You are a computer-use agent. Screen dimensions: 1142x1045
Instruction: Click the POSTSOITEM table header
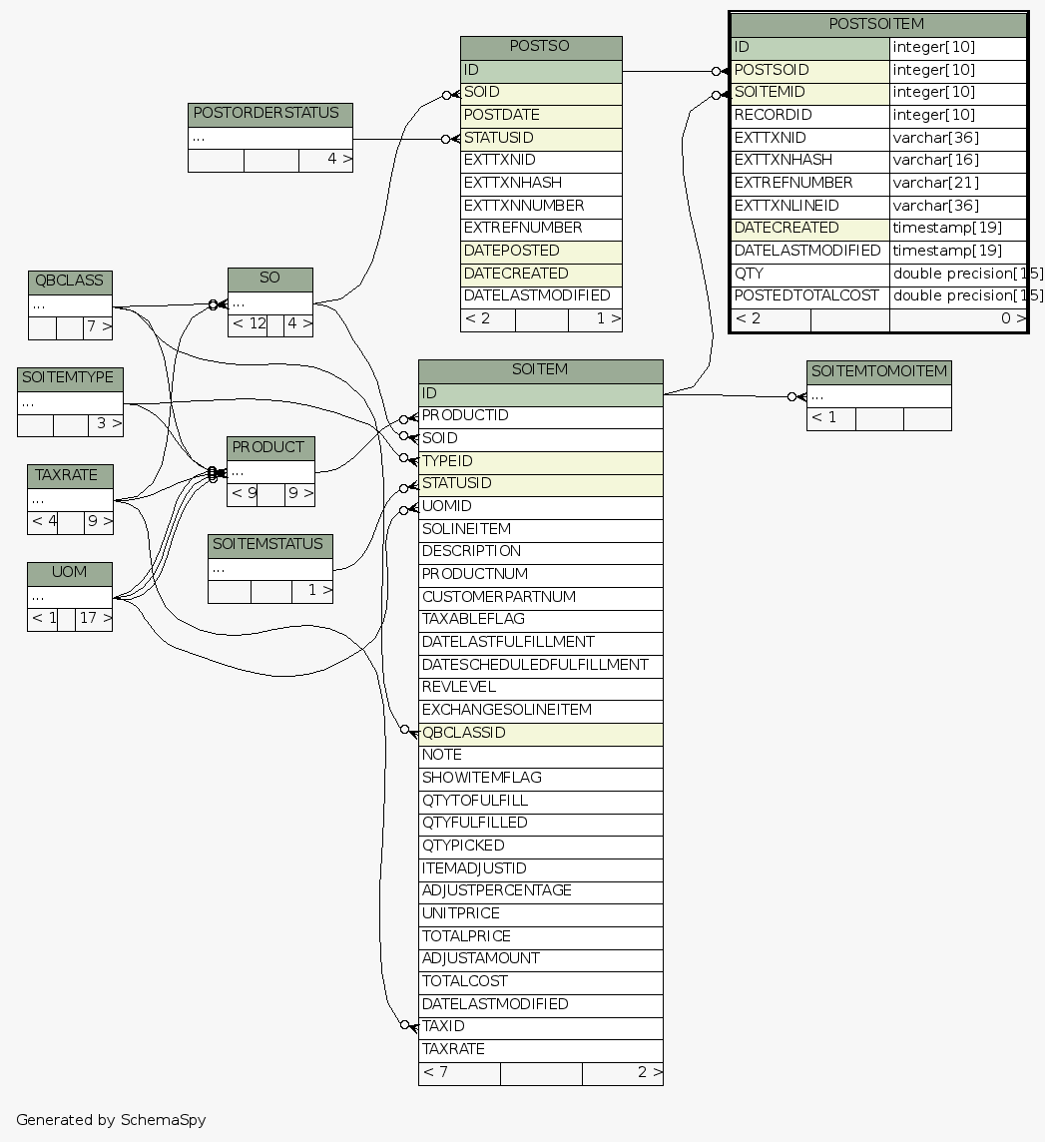pos(877,24)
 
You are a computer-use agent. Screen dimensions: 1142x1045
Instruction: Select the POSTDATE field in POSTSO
pos(540,115)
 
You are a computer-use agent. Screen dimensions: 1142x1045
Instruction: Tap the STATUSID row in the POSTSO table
pos(540,138)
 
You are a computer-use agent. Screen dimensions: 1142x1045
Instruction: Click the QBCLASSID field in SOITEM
pos(540,733)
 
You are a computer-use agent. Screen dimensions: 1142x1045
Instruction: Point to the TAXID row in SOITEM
pos(540,1026)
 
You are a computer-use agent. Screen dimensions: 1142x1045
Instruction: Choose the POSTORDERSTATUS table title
pos(269,114)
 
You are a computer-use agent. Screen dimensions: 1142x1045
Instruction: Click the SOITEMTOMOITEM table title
pos(878,372)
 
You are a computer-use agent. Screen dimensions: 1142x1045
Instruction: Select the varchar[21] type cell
pos(957,183)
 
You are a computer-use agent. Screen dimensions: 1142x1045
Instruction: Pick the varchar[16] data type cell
pos(957,160)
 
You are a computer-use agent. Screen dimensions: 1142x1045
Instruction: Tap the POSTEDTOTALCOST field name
pos(807,295)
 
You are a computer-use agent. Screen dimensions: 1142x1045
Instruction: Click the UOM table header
pos(69,573)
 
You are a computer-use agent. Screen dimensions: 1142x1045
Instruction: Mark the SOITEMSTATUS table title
pos(269,545)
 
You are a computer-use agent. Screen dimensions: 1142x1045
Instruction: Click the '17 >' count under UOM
pos(94,619)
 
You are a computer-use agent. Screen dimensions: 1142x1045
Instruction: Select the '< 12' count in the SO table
pos(249,324)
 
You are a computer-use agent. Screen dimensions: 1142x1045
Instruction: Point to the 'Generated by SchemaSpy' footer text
pos(111,1120)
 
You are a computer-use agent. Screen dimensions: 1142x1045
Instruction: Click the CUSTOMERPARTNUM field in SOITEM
pos(540,597)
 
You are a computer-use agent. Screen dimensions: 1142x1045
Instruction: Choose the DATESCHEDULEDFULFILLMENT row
pos(540,665)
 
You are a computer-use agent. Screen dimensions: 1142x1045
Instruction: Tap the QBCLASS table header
pos(69,282)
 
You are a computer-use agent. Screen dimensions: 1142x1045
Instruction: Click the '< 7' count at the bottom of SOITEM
pos(458,1073)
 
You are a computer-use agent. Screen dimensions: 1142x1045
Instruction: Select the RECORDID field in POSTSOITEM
pos(807,115)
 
